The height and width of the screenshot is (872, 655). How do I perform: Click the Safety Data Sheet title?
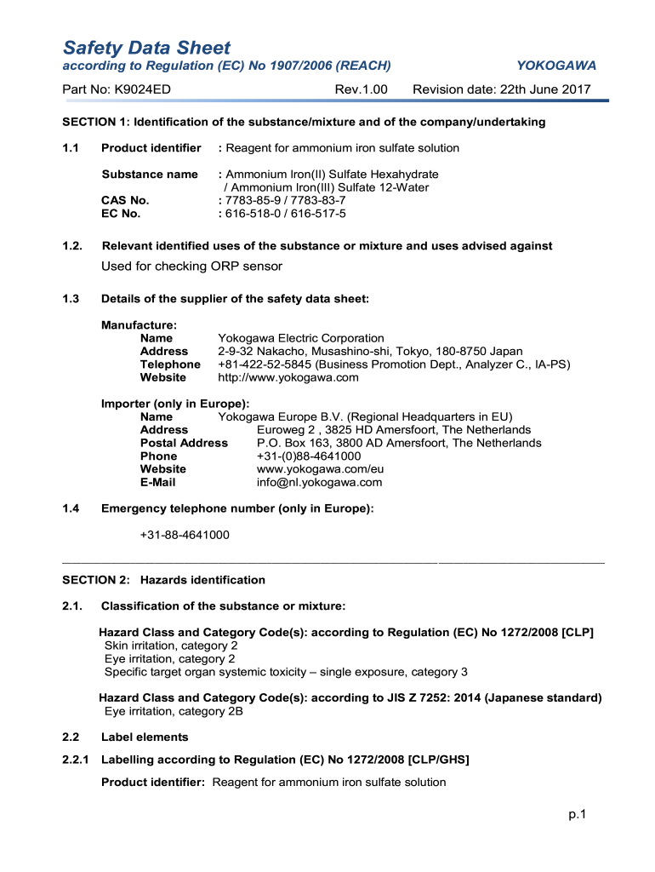pos(146,48)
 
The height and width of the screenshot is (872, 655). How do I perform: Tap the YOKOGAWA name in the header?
pos(556,66)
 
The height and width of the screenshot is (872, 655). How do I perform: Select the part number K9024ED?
pos(119,89)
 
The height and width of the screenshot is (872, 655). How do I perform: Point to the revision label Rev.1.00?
pos(361,89)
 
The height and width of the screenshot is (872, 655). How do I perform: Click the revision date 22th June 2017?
pos(501,89)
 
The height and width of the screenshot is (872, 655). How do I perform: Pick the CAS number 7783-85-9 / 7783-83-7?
pos(282,200)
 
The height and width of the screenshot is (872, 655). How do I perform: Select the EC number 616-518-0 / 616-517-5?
pos(282,214)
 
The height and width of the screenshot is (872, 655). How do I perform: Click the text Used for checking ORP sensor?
pos(191,267)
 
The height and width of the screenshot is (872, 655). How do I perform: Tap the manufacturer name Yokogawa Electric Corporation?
pos(301,338)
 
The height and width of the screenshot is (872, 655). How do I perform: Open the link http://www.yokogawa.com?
pos(288,377)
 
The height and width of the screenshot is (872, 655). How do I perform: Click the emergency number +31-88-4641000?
pos(185,535)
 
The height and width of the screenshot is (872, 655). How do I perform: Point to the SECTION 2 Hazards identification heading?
pos(163,580)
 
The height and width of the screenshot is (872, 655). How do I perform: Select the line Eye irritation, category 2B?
pos(174,711)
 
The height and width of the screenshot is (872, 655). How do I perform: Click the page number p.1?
pos(578,815)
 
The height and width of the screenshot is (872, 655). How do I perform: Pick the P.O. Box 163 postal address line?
pos(399,443)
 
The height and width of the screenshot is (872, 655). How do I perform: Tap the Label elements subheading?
pos(145,737)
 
